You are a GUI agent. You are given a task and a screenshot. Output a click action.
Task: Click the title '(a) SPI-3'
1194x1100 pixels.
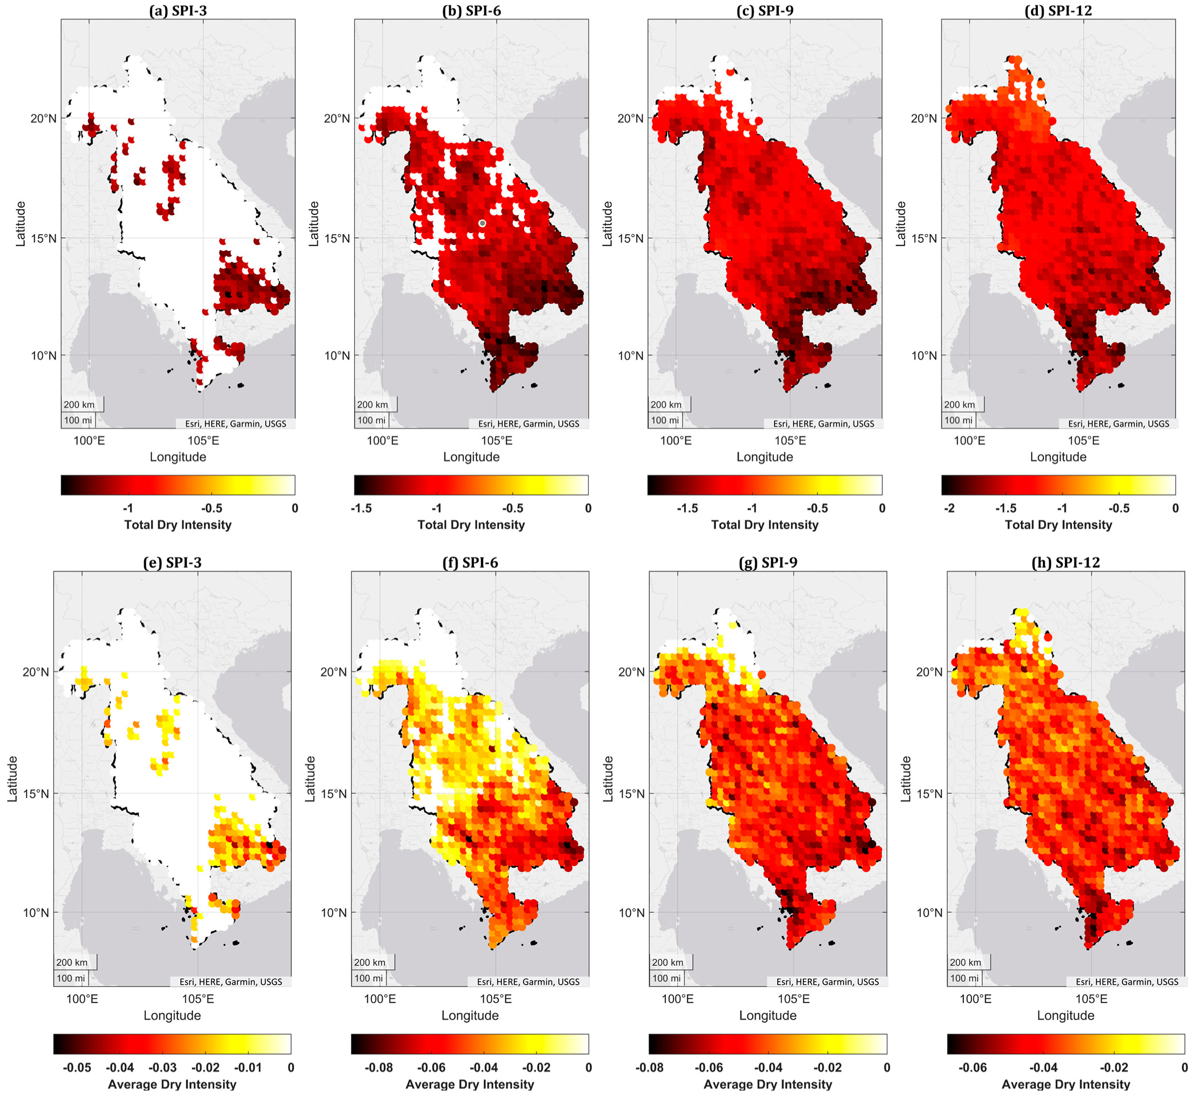177,10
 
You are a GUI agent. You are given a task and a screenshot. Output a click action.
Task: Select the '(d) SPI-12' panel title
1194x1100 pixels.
1058,10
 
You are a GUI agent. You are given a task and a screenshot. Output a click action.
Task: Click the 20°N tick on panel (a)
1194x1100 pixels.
44,118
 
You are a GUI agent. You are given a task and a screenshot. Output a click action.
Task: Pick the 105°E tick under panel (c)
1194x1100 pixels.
790,441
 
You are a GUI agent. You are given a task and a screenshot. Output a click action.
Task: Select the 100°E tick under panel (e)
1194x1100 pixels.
82,999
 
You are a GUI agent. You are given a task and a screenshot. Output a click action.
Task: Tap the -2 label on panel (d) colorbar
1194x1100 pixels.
949,508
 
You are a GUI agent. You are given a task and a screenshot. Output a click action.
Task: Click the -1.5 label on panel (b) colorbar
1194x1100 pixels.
361,508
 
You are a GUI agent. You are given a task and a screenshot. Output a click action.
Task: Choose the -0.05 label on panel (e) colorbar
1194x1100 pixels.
76,1067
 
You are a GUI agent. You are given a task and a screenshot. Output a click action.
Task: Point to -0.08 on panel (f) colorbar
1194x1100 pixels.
378,1067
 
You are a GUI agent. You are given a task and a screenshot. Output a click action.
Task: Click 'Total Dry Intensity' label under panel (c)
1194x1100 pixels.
764,524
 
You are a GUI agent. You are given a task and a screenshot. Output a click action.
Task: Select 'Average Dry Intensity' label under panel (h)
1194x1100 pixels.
1066,1084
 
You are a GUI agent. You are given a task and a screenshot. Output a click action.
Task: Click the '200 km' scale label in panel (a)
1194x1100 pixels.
79,405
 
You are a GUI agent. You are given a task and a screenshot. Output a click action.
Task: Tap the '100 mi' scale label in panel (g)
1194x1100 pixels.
666,978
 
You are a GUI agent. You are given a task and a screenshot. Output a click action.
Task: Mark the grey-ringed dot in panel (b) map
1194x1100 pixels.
482,223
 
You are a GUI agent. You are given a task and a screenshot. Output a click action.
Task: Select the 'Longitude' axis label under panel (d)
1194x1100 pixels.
1058,457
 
